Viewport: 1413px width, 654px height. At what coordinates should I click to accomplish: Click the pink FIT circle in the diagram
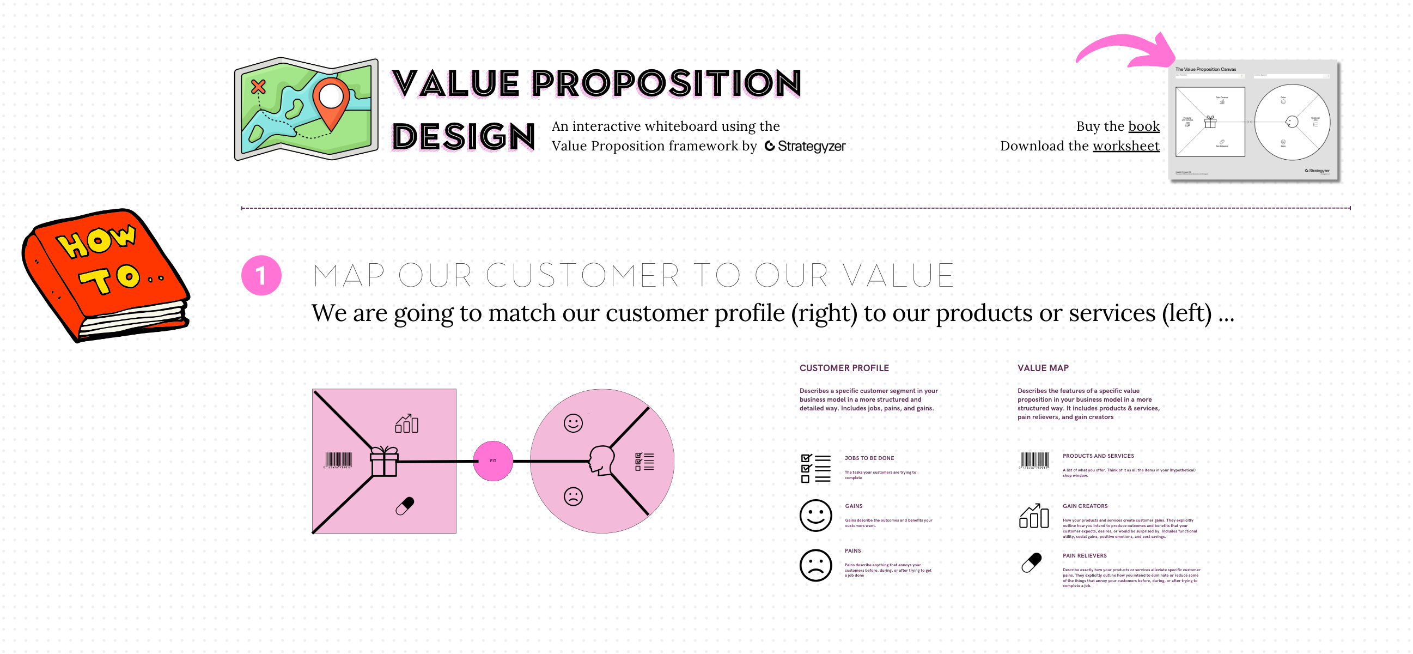492,461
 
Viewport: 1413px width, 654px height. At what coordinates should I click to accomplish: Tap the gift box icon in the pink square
384,461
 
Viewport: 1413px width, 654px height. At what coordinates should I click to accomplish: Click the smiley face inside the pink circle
573,423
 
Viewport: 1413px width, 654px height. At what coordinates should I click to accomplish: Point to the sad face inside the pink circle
573,496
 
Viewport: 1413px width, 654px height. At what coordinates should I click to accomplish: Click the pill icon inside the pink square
405,505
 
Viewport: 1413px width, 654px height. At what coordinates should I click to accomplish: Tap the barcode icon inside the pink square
338,460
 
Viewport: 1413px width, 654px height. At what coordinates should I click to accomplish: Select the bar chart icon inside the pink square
406,423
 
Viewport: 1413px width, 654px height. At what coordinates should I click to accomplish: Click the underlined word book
1144,126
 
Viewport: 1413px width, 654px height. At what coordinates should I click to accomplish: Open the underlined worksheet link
1125,146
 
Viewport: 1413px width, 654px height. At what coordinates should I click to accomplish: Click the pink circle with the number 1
261,275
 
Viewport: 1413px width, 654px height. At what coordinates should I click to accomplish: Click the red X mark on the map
258,87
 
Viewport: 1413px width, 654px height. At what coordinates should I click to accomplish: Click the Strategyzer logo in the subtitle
805,146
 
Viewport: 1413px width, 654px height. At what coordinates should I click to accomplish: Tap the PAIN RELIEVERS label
1084,555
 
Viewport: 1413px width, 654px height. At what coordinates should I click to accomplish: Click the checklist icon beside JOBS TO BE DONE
815,468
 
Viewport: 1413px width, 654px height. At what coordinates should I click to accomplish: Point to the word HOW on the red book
96,240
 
